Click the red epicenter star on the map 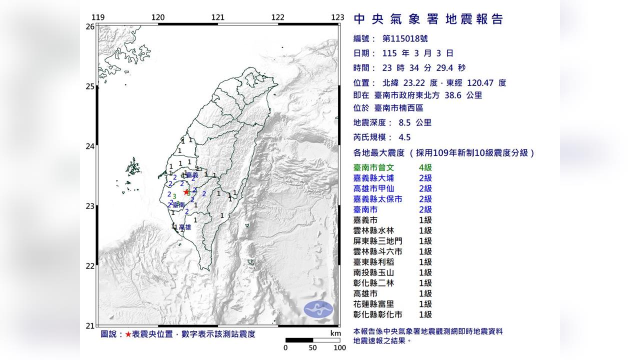(186, 191)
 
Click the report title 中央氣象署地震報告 (428, 19)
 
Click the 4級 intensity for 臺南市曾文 (425, 168)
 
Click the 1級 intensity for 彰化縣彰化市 (425, 314)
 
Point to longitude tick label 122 (277, 17)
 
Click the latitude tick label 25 (90, 86)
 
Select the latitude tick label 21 (90, 326)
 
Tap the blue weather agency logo (318, 310)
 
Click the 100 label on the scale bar (339, 347)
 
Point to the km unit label (335, 333)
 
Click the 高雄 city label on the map (184, 227)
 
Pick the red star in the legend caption (128, 334)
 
